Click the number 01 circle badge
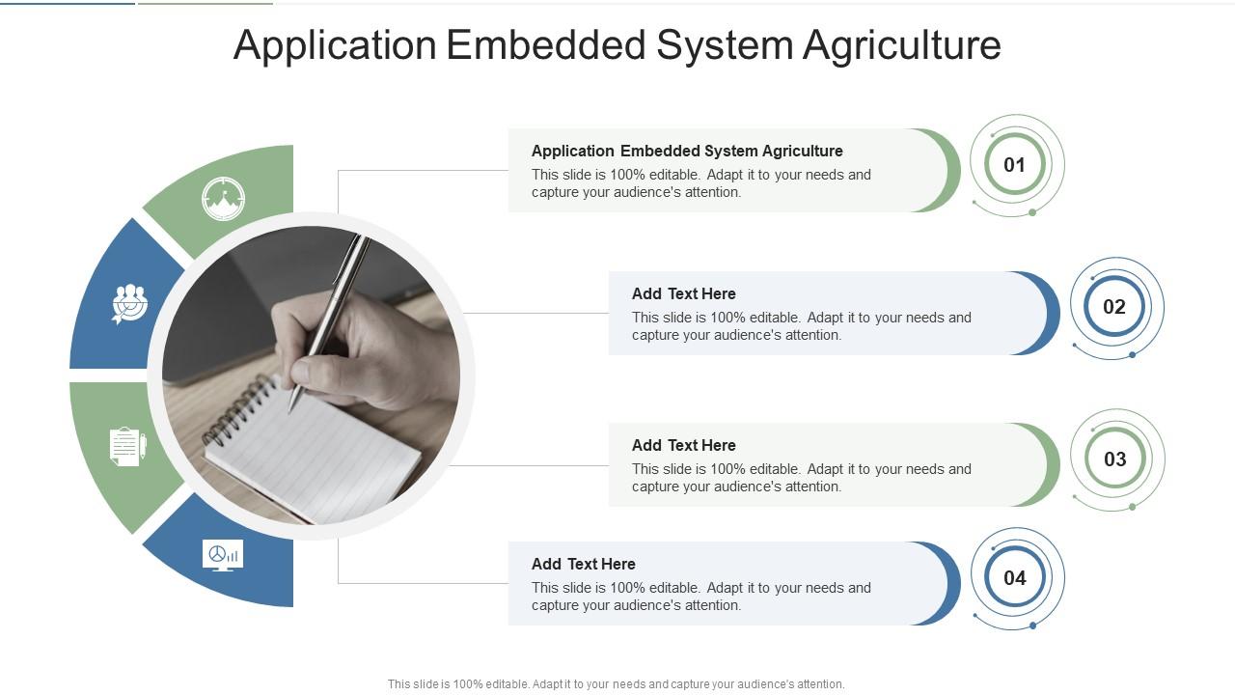(x=1014, y=165)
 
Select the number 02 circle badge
(x=1114, y=307)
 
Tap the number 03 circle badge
(x=1114, y=459)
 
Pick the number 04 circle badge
(x=1014, y=578)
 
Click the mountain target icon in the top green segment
(x=223, y=199)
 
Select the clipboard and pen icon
(x=127, y=447)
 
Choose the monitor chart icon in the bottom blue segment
(x=223, y=555)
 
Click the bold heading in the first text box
(x=687, y=151)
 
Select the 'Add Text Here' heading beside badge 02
(x=683, y=293)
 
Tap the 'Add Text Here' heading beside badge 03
(x=683, y=445)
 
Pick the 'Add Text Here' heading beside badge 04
(x=583, y=564)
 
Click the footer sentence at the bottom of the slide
(x=616, y=683)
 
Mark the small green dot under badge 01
(x=1032, y=212)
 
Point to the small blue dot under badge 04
(x=1032, y=625)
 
